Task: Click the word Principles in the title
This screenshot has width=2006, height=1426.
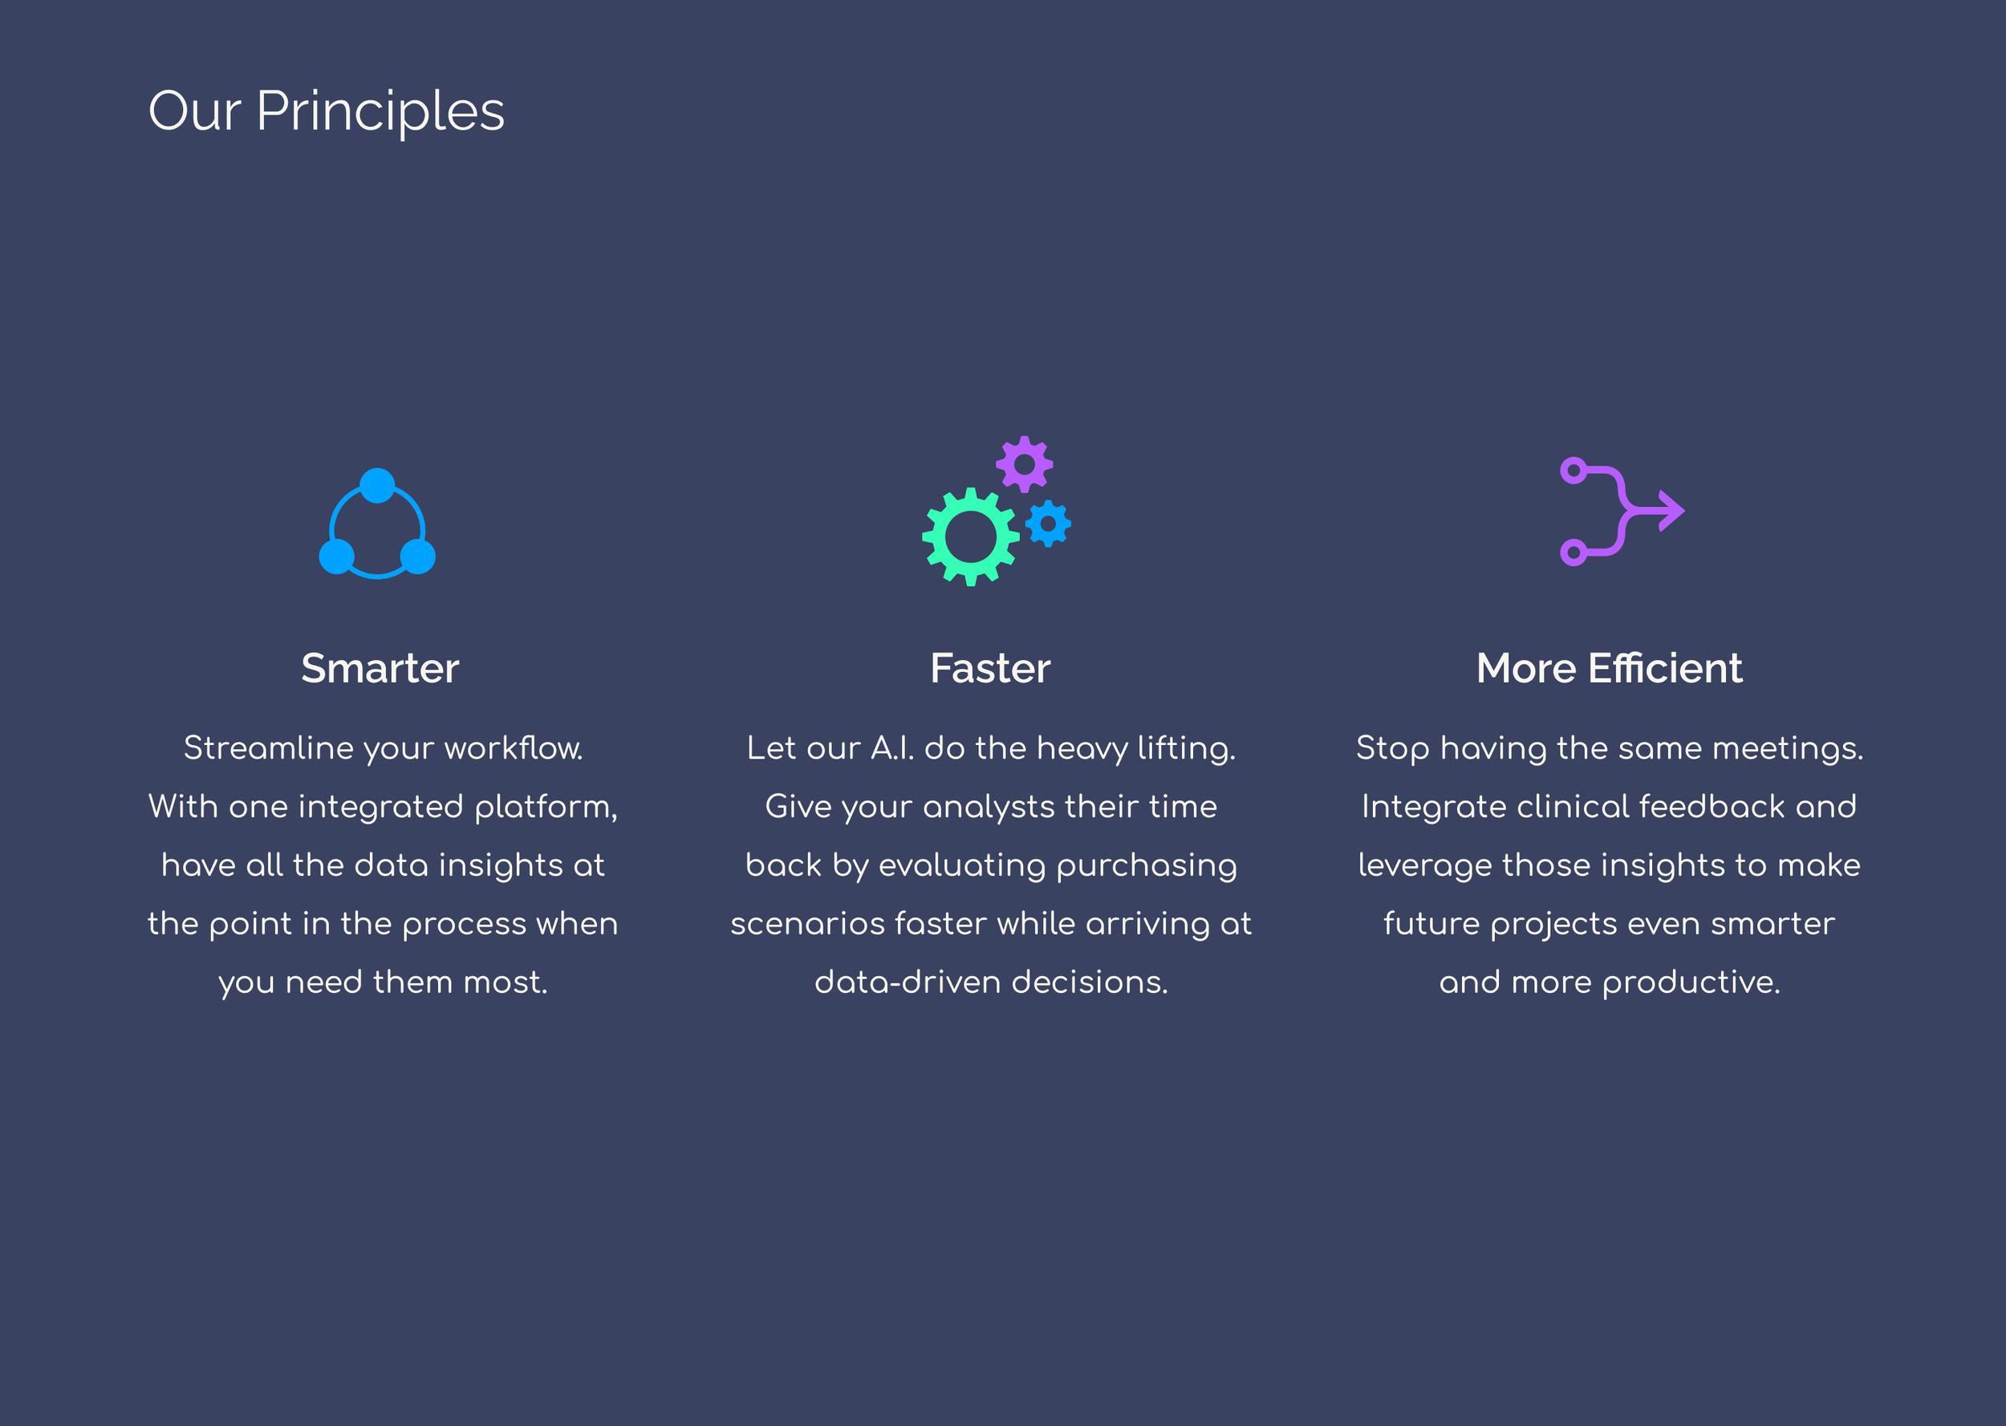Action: pos(380,112)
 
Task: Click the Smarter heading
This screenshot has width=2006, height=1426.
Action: pos(380,668)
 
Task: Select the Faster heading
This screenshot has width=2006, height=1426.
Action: pos(990,668)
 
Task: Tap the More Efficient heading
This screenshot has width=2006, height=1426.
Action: pos(1609,668)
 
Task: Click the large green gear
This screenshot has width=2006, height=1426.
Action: pos(971,536)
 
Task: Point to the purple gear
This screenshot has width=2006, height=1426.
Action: pos(1024,464)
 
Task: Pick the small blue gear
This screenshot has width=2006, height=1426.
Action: pos(1048,525)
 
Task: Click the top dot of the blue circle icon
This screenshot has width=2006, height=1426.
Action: pos(378,485)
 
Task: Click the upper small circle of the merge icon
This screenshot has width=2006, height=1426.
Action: pos(1573,471)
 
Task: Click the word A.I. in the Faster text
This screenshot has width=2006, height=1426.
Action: pos(891,748)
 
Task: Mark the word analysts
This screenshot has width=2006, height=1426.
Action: pos(988,807)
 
